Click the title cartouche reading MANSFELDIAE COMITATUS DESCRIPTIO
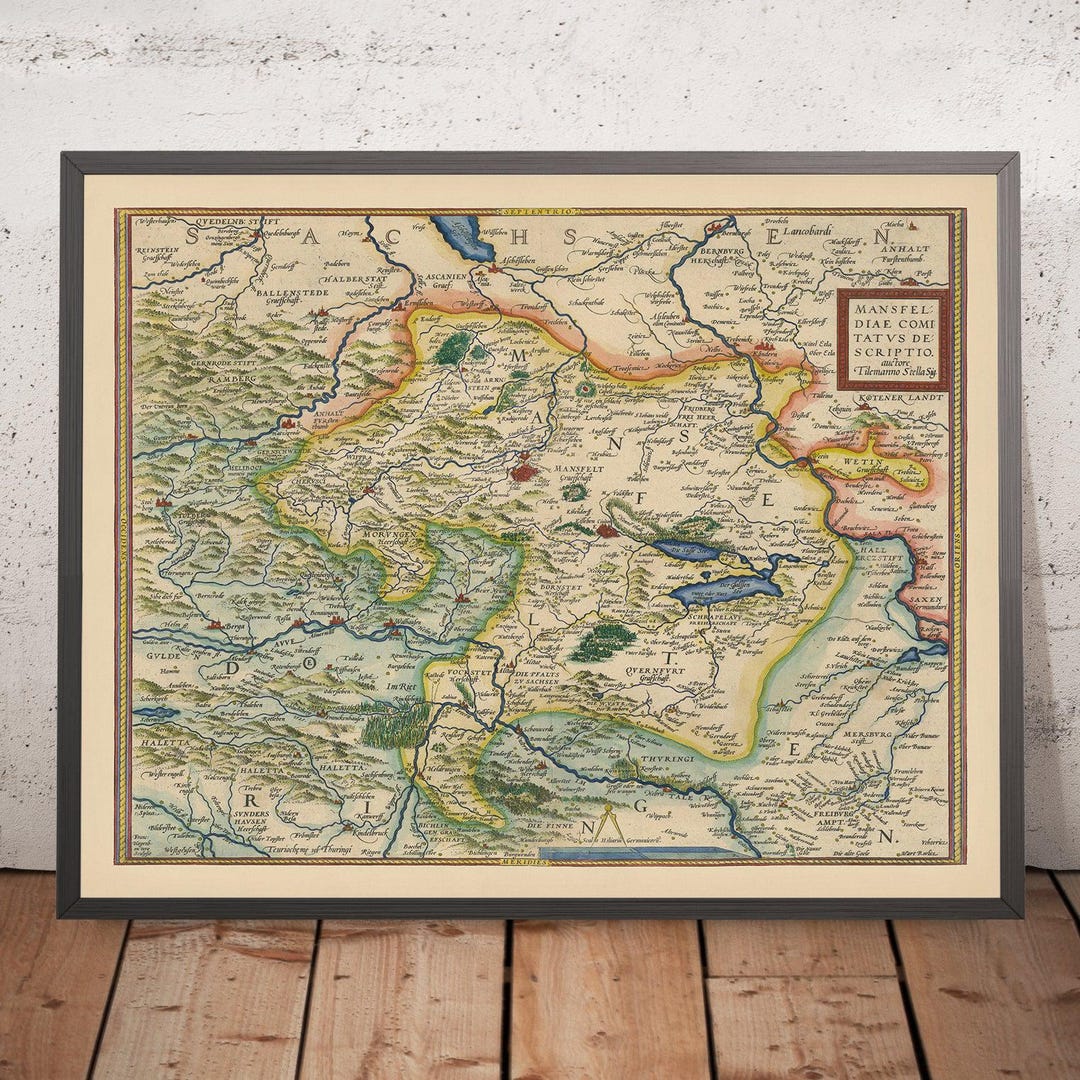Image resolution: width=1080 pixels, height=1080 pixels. tap(892, 340)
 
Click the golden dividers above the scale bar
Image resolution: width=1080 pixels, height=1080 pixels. tap(613, 830)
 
